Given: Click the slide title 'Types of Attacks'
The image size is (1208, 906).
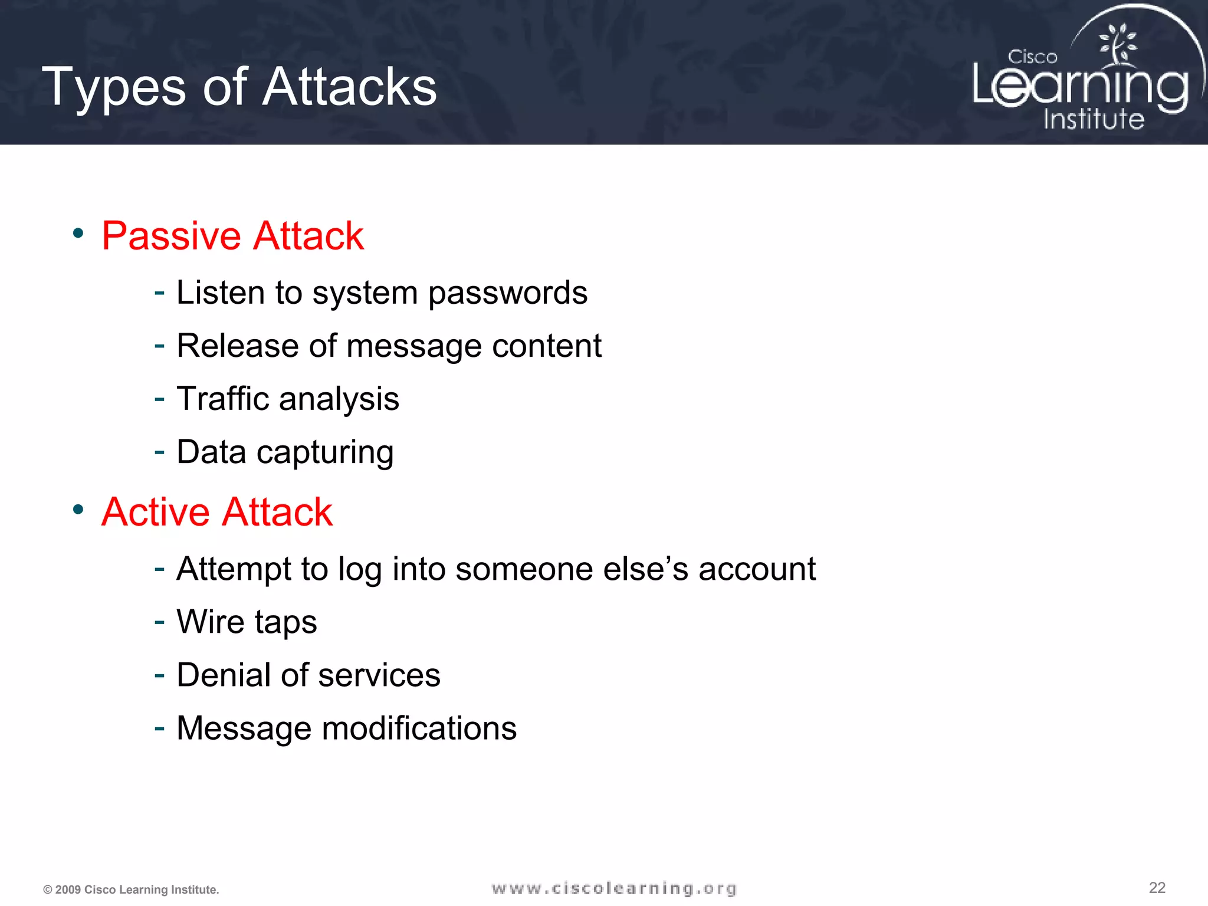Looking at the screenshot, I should pos(239,87).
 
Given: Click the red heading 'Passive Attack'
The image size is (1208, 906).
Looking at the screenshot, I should pos(232,236).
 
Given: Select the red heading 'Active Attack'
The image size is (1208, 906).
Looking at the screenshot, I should pos(216,511).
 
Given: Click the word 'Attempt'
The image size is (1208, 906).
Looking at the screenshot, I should pos(234,569).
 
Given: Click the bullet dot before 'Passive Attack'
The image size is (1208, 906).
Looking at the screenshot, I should pos(78,234).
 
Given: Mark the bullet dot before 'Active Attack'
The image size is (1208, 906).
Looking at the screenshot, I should pos(78,509).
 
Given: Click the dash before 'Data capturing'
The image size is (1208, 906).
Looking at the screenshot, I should pos(159,452).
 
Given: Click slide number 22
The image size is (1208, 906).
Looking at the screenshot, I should pos(1157,888).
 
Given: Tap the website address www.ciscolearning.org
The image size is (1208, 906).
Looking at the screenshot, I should pos(613,888).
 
